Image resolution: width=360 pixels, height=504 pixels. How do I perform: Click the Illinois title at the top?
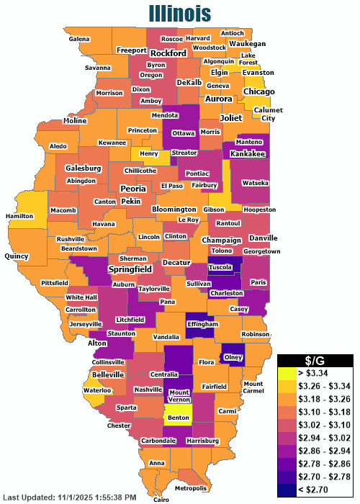click(x=180, y=13)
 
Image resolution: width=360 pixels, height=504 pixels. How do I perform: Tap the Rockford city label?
click(x=168, y=53)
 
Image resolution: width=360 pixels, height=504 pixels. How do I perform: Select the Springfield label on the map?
click(x=130, y=269)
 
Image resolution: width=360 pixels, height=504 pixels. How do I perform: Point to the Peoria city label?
click(x=133, y=189)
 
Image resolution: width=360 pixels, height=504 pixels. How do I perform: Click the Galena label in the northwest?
click(x=79, y=38)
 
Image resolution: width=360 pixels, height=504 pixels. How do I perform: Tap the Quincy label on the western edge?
click(x=16, y=256)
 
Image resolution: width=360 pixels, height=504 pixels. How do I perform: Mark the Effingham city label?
click(x=202, y=324)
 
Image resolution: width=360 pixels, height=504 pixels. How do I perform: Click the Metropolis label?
click(x=191, y=489)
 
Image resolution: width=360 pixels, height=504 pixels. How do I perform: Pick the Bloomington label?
click(x=174, y=210)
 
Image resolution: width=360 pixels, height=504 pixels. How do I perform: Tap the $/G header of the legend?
click(x=315, y=360)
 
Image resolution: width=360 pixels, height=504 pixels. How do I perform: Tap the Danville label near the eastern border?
click(x=264, y=238)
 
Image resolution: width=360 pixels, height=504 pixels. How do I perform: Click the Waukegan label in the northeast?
click(x=248, y=43)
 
